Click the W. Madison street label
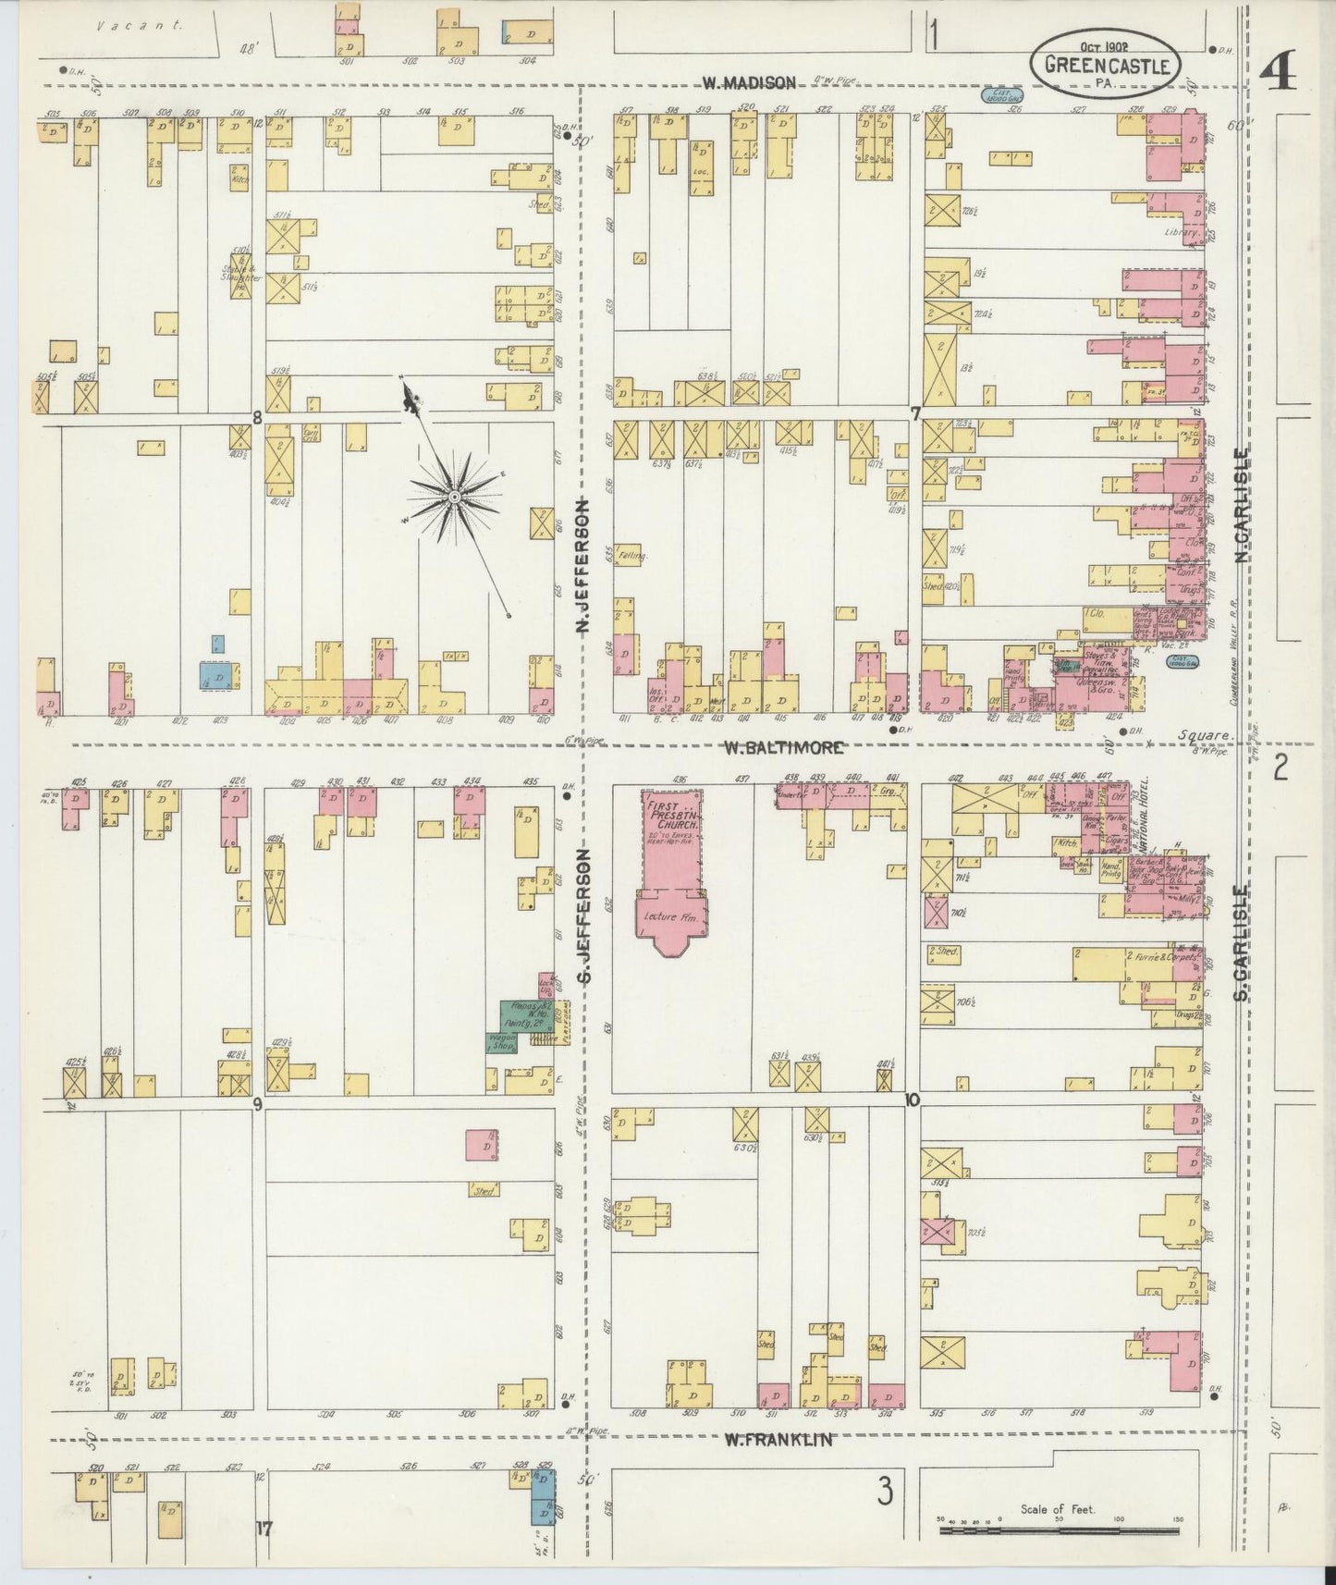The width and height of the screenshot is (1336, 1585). tap(748, 82)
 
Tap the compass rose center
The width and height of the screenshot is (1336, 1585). tap(455, 498)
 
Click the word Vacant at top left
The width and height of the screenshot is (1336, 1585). tap(141, 26)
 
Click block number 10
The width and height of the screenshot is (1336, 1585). tap(913, 1100)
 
